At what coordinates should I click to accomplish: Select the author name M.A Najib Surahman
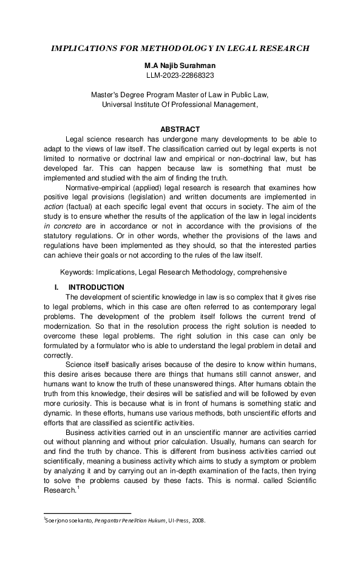click(180, 64)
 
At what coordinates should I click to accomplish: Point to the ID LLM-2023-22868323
click(180, 75)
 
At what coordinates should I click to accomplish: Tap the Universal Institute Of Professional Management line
click(180, 104)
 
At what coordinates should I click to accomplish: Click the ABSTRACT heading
click(180, 129)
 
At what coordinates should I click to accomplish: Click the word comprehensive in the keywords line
click(262, 273)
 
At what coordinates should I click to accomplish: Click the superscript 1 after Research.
click(78, 487)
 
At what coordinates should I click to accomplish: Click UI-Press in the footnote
click(177, 520)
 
